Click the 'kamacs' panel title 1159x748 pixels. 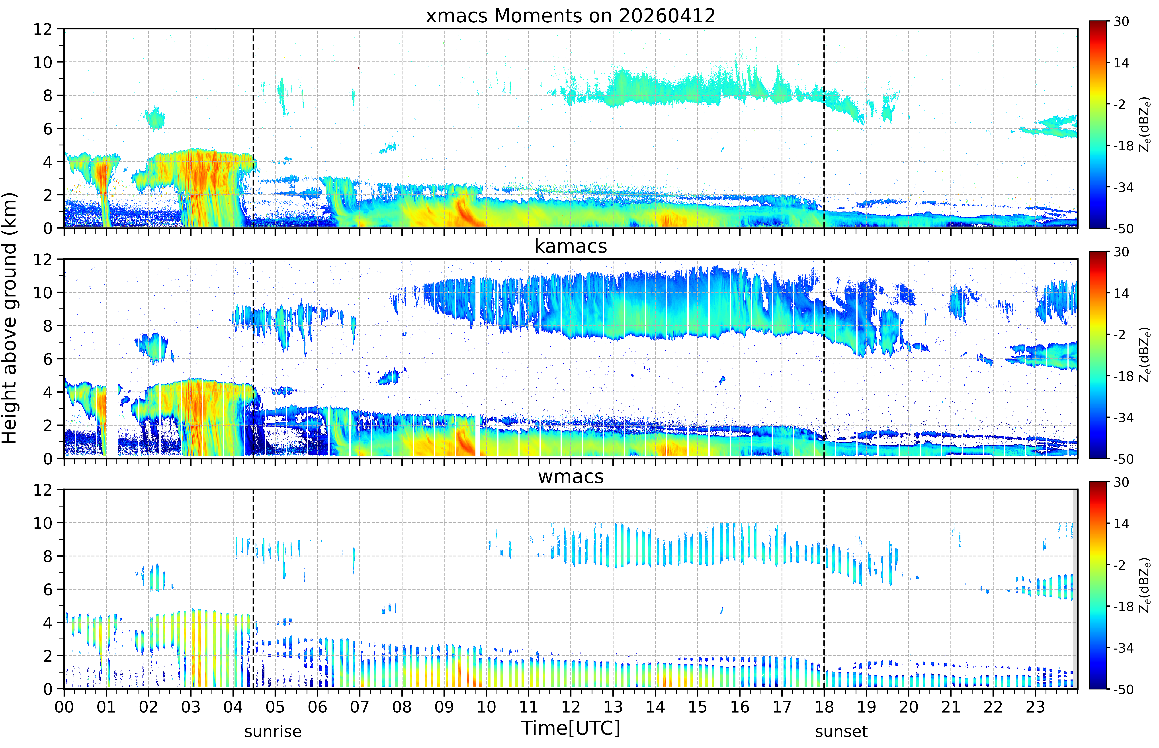pos(571,246)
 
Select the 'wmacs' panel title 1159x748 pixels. pos(571,476)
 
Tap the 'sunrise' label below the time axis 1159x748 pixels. pos(273,731)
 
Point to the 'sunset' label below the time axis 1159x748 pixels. pos(841,731)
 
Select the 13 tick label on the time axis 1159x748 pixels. pos(613,707)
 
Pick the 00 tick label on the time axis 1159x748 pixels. pos(64,707)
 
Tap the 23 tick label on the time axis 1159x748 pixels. pos(1035,707)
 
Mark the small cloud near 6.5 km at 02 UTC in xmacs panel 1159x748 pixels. pos(155,118)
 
